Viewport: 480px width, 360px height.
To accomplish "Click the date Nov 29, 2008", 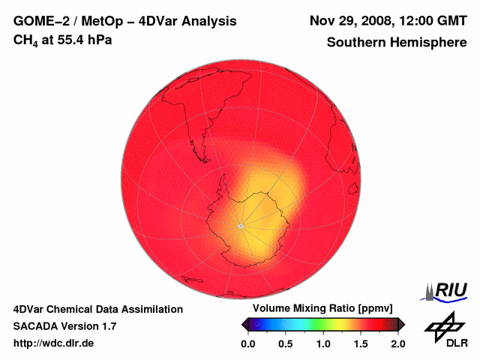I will tap(351, 21).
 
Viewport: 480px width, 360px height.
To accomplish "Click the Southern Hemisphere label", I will tap(397, 42).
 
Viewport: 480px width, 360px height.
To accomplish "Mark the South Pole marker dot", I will tap(240, 225).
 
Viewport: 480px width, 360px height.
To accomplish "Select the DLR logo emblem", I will tap(445, 325).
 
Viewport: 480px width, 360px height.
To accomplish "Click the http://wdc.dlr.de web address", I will tap(54, 343).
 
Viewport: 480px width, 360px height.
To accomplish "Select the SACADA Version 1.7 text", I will tap(64, 326).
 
